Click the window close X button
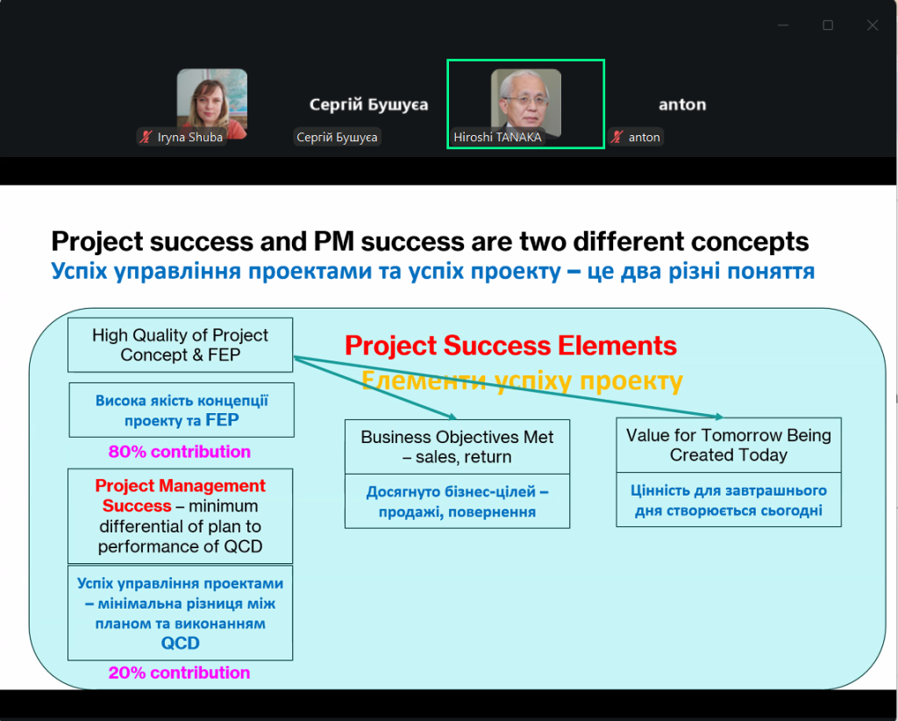(873, 25)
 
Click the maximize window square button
(828, 25)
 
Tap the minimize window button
(783, 25)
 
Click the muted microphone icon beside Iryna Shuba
(146, 137)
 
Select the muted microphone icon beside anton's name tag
(616, 137)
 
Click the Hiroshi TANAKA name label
(497, 138)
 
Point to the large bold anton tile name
(682, 104)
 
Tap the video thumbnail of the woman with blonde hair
(212, 104)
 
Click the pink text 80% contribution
(179, 452)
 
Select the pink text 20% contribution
(179, 673)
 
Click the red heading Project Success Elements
(511, 346)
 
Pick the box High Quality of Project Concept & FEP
(181, 345)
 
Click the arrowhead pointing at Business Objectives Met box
(453, 417)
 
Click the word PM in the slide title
(334, 241)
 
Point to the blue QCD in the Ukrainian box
(181, 643)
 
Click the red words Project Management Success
(181, 496)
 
